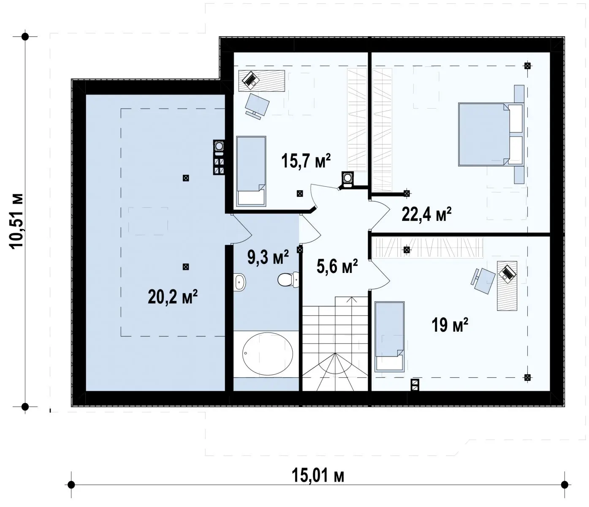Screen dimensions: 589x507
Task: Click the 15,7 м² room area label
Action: [x=306, y=161]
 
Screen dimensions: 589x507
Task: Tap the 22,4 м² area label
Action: [x=426, y=214]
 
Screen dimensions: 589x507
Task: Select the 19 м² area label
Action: [x=450, y=325]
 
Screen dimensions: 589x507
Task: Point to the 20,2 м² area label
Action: [x=173, y=297]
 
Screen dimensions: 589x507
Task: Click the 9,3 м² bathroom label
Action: [x=268, y=257]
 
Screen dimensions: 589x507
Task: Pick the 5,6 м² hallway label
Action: [x=337, y=266]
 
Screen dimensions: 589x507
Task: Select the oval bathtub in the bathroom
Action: [x=268, y=354]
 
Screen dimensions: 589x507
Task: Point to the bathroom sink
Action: [x=239, y=282]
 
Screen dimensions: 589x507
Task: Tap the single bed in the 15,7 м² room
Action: [x=251, y=171]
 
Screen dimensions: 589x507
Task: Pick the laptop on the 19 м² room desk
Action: [x=507, y=273]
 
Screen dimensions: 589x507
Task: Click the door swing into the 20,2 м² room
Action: [x=242, y=229]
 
